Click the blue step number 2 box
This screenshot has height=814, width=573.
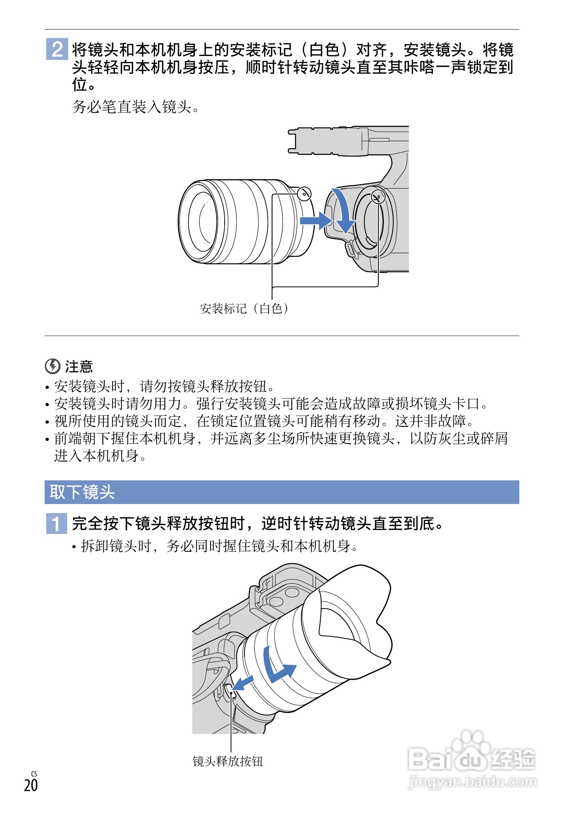(x=57, y=49)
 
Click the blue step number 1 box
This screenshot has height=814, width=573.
(x=56, y=523)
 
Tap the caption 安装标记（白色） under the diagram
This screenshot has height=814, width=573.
(x=244, y=308)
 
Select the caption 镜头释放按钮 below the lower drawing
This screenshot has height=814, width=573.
(x=228, y=761)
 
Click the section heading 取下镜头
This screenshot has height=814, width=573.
(x=82, y=492)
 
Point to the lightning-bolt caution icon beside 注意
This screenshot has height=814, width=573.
(x=53, y=366)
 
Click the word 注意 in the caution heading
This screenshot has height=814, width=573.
(x=79, y=366)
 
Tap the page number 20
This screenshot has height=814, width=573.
(x=31, y=785)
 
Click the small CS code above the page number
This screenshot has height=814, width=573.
(x=34, y=774)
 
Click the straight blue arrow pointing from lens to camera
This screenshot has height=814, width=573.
(x=316, y=220)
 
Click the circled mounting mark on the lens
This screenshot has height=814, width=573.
(x=304, y=194)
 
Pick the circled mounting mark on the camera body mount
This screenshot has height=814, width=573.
(x=378, y=196)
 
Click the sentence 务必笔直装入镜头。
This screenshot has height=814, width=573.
(x=136, y=106)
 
